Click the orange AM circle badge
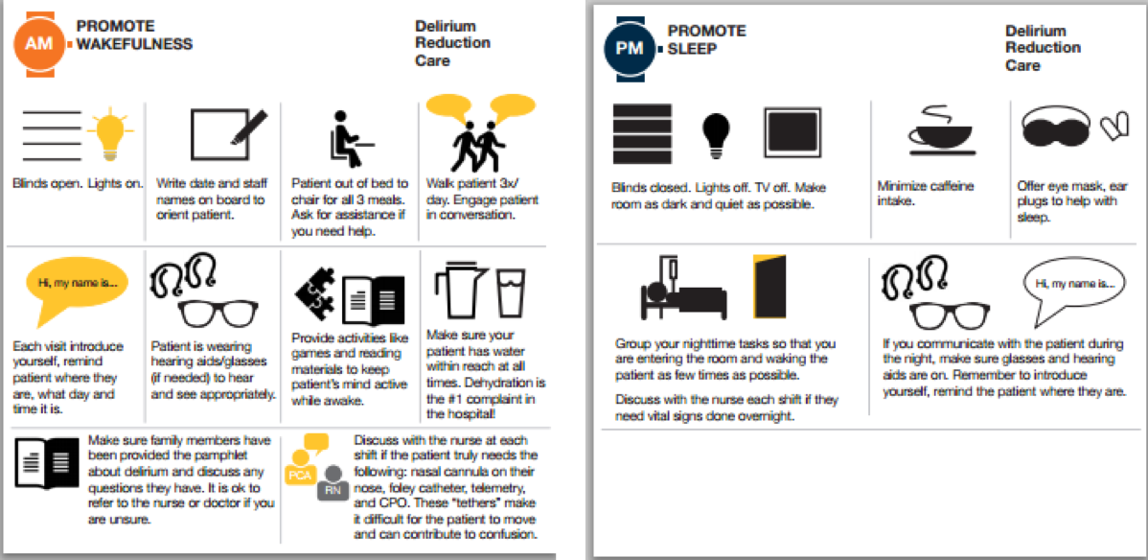tap(38, 43)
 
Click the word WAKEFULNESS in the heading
tap(135, 44)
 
